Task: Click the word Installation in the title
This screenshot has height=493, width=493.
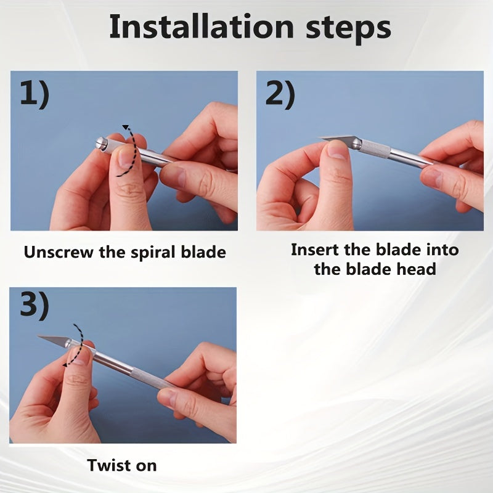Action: pyautogui.click(x=202, y=27)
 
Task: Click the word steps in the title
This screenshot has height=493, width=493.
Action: pyautogui.click(x=348, y=30)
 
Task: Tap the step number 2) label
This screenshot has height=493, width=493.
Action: pyautogui.click(x=280, y=94)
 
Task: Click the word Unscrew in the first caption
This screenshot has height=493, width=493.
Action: pyautogui.click(x=59, y=252)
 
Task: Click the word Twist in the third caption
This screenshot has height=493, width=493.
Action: pyautogui.click(x=109, y=465)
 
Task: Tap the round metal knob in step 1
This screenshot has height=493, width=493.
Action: pyautogui.click(x=101, y=144)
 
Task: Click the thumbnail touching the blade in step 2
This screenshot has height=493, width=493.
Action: pyautogui.click(x=337, y=150)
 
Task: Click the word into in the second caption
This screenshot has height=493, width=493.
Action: pyautogui.click(x=442, y=250)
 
